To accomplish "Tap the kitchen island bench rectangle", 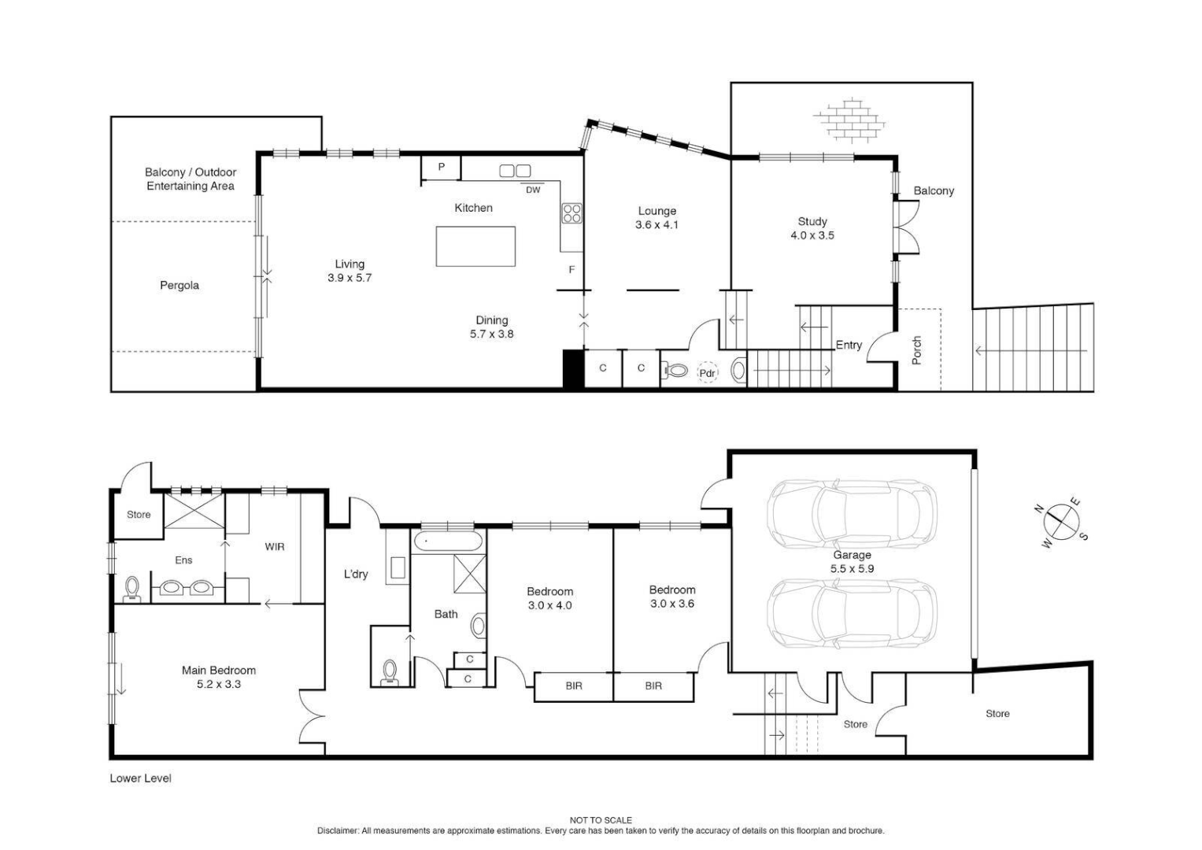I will pos(475,246).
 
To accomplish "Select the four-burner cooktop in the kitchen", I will pos(571,213).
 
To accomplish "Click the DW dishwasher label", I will pos(533,190).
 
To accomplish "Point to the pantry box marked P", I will pos(442,167).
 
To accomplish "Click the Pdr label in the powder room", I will pos(707,373).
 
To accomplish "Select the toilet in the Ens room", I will pos(132,587).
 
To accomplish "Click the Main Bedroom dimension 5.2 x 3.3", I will pos(219,685).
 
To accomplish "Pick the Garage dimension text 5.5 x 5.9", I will pos(852,568).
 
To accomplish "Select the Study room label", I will pos(812,221).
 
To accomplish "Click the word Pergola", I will pos(179,286).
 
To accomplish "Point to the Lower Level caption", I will pos(140,778).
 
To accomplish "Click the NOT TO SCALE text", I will pos(601,820).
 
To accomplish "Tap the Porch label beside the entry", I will pos(916,350).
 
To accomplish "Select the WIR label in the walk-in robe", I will pos(275,546).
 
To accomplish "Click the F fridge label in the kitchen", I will pos(572,270).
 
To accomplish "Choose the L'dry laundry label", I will pos(356,575).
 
